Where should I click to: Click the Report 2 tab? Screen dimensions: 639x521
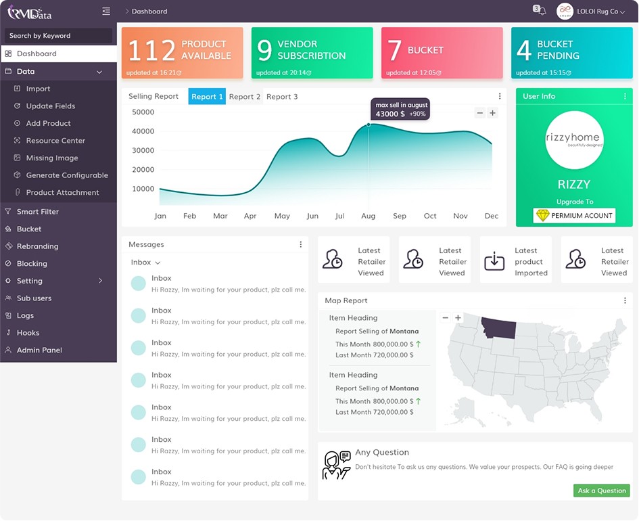(245, 97)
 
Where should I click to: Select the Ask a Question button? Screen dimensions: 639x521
(602, 491)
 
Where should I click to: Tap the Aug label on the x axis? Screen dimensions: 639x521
(368, 216)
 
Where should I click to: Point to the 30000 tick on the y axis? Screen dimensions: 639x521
(143, 150)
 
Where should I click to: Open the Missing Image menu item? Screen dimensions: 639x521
(52, 158)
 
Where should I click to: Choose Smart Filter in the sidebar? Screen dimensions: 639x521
(37, 212)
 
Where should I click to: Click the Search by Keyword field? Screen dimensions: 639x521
(58, 35)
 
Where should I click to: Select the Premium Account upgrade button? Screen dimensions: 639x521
(574, 215)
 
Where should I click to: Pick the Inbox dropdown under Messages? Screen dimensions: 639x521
(145, 263)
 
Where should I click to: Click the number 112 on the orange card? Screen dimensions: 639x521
(151, 51)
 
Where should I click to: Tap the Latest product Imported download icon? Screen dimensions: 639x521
(494, 261)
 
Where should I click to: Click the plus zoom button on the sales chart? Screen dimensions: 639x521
(493, 113)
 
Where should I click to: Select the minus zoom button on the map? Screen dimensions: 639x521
(446, 317)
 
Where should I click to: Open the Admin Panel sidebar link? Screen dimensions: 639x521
(39, 350)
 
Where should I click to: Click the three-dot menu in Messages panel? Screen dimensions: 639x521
(301, 244)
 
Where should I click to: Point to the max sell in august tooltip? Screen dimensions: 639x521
(400, 109)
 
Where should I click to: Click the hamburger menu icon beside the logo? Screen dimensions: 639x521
(106, 11)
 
